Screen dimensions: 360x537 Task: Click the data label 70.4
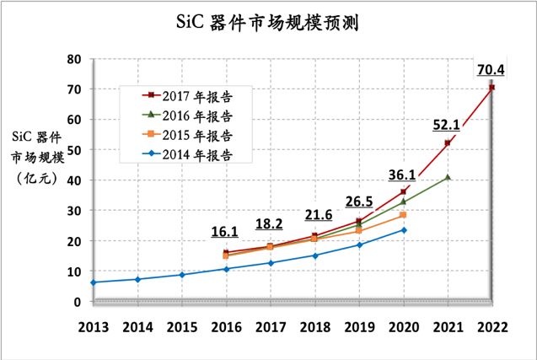(x=491, y=69)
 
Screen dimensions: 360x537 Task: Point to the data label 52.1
(x=446, y=125)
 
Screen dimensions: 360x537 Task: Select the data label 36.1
(x=401, y=175)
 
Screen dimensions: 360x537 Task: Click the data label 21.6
(x=317, y=216)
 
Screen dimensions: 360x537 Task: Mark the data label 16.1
(x=226, y=231)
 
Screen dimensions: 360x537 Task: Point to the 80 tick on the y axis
(x=74, y=59)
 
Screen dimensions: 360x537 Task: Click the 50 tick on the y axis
(x=74, y=150)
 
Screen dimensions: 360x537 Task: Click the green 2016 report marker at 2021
(x=447, y=178)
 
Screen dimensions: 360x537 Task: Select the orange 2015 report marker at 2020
(x=403, y=215)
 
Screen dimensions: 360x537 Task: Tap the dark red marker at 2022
(x=491, y=88)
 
